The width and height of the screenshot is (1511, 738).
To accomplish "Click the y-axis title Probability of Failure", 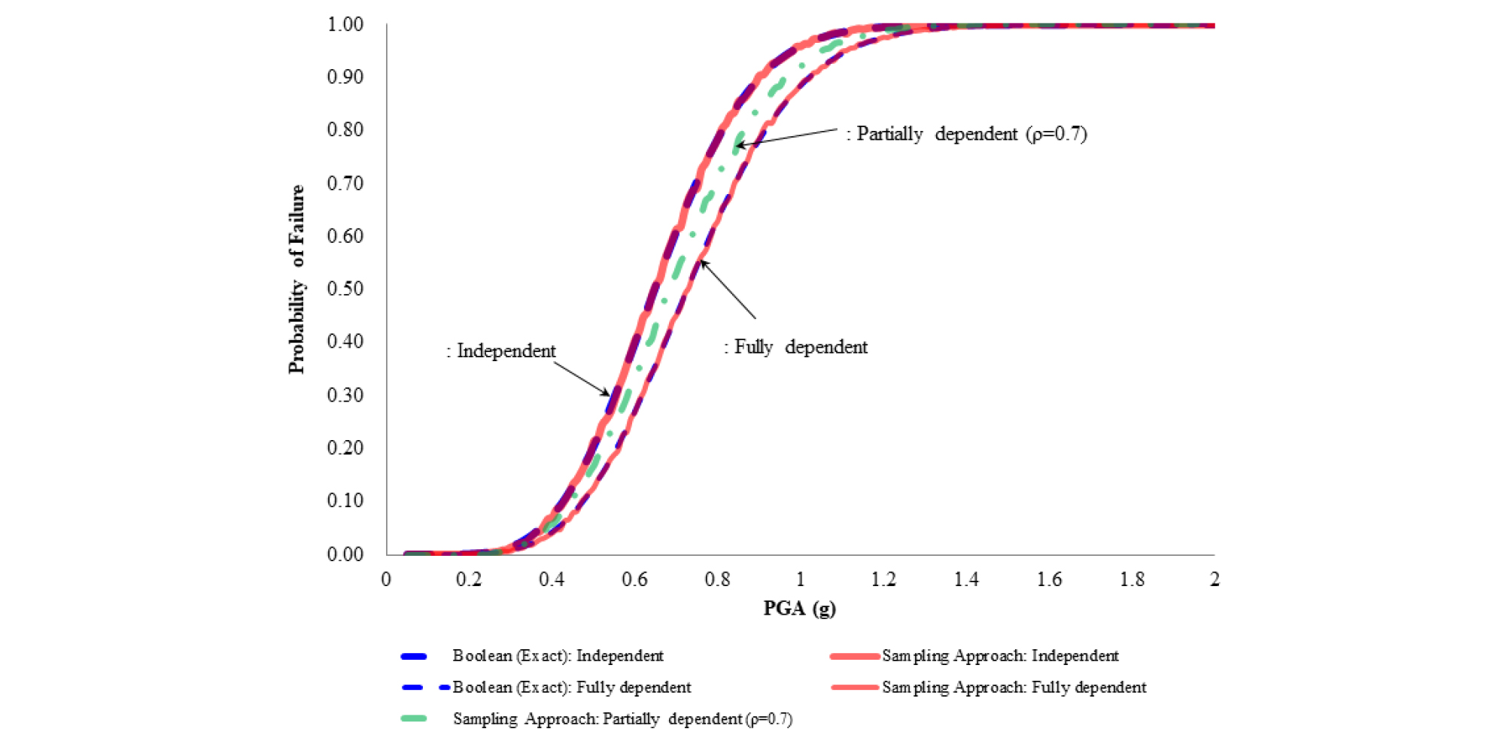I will point(297,279).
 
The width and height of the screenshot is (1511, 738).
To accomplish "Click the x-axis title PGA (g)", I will point(799,608).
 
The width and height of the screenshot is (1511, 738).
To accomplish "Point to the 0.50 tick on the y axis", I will point(345,289).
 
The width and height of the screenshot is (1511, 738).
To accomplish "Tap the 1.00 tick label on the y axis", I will point(345,25).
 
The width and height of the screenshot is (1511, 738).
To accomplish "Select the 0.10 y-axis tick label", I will point(345,500).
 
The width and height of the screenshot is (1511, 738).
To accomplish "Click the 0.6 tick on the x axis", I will point(634,579).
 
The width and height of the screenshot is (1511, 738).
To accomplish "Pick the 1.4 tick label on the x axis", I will point(966,579).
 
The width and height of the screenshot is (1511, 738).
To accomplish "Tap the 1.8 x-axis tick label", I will point(1132,579).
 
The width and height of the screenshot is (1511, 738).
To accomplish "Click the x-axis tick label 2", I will point(1215,579).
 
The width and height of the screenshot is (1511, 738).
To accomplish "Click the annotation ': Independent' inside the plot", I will point(501,351).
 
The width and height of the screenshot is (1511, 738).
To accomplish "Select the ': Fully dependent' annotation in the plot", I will point(795,347).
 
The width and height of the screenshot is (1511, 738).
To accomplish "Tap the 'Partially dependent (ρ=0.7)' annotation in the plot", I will point(966,134).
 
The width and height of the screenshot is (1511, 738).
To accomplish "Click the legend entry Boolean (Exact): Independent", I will point(558,656).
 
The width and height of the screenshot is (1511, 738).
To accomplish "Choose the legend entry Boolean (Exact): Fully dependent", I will point(571,688).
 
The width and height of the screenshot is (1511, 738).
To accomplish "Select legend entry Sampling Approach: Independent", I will point(1000,656).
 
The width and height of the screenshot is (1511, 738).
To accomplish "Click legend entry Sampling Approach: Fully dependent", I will point(1014,688).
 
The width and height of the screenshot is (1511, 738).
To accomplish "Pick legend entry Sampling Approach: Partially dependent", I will point(622,719).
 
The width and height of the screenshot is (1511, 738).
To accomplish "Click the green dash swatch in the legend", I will point(414,719).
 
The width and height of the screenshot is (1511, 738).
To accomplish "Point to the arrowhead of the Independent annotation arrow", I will point(608,394).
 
